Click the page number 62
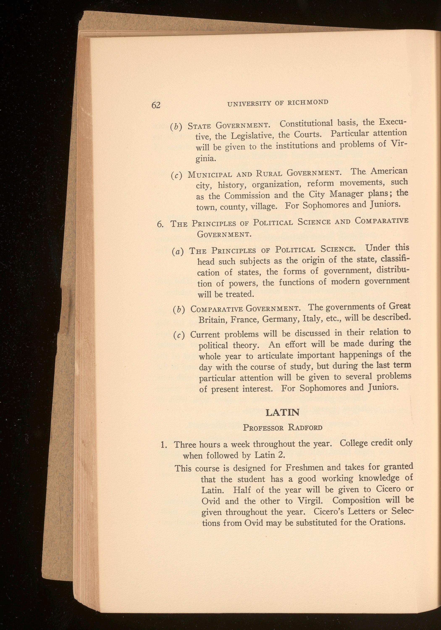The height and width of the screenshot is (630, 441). click(x=156, y=105)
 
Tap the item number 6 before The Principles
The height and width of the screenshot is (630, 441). click(x=160, y=224)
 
